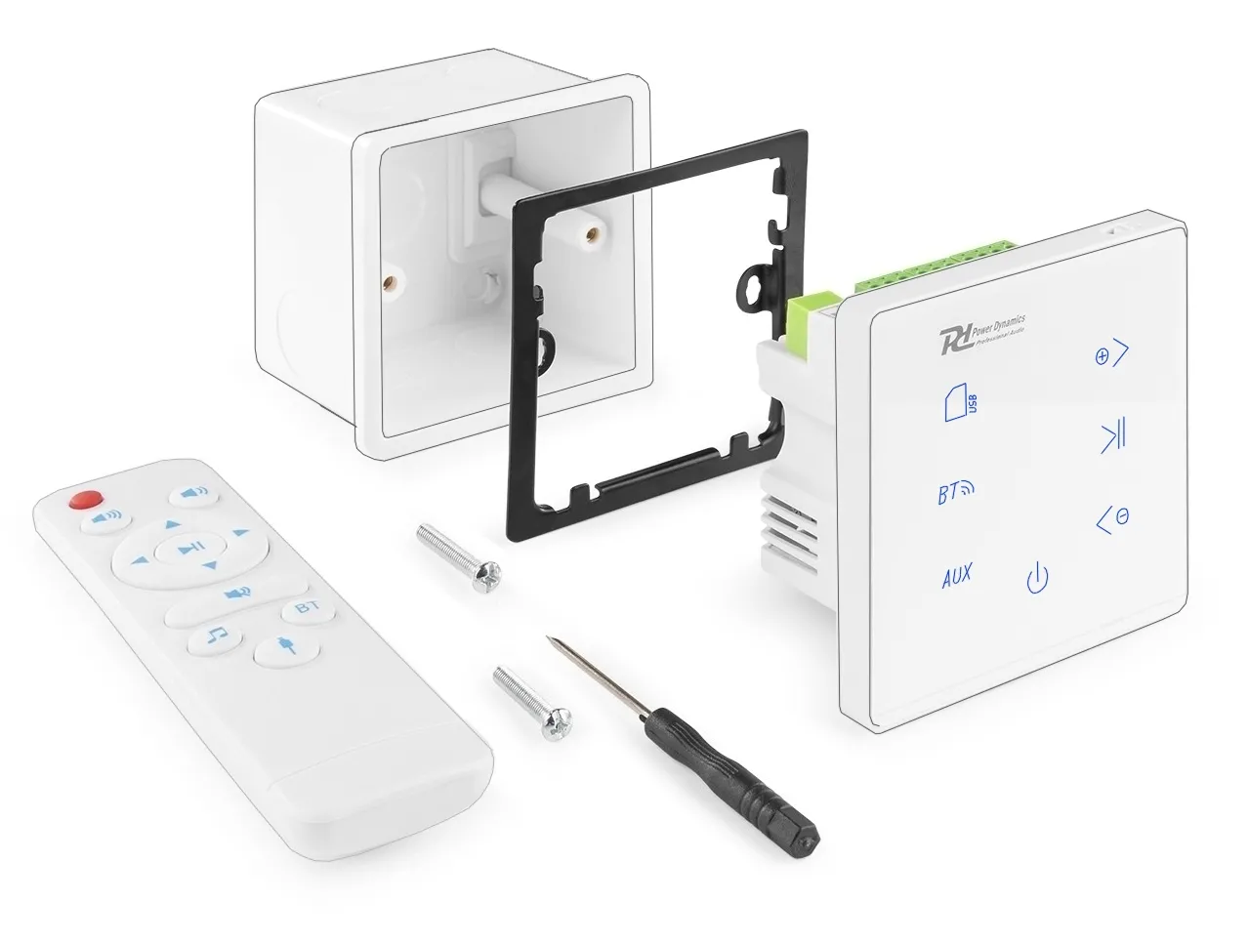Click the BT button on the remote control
click(308, 608)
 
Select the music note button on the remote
click(217, 637)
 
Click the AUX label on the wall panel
click(956, 576)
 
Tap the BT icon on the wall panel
click(955, 493)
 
